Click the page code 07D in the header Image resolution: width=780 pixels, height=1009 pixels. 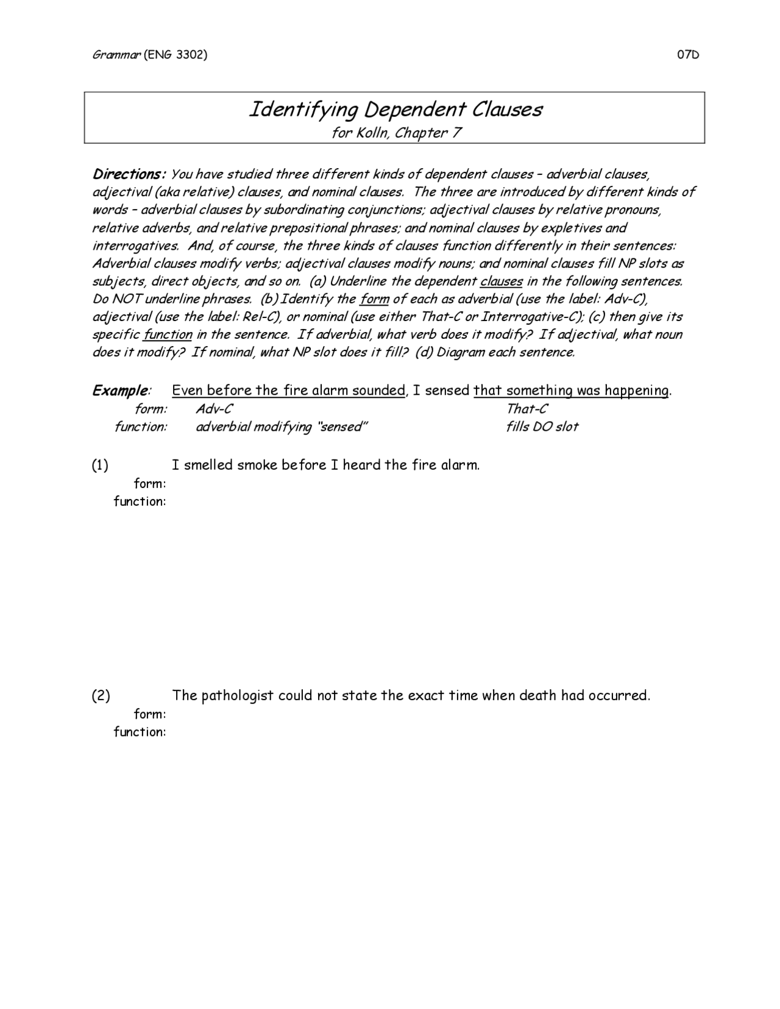coord(687,55)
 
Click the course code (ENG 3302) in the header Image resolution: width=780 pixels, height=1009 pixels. coord(175,55)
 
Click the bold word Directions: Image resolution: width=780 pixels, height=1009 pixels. coord(129,174)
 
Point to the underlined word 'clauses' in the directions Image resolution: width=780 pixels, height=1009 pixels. coord(501,281)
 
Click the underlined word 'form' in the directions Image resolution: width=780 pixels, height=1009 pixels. coord(374,299)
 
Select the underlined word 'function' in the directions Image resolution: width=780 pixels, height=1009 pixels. coord(168,335)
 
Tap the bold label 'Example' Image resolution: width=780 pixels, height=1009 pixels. coord(120,391)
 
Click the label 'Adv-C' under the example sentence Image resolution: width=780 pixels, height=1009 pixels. coord(214,409)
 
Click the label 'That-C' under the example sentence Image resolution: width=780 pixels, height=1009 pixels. coord(526,409)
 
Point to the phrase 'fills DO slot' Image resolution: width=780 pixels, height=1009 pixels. coord(542,427)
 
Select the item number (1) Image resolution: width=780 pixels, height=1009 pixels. coord(100,466)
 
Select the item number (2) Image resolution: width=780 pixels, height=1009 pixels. coord(101,696)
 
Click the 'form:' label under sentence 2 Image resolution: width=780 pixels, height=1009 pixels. coord(150,714)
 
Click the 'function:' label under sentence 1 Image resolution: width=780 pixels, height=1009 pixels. coord(140,501)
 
